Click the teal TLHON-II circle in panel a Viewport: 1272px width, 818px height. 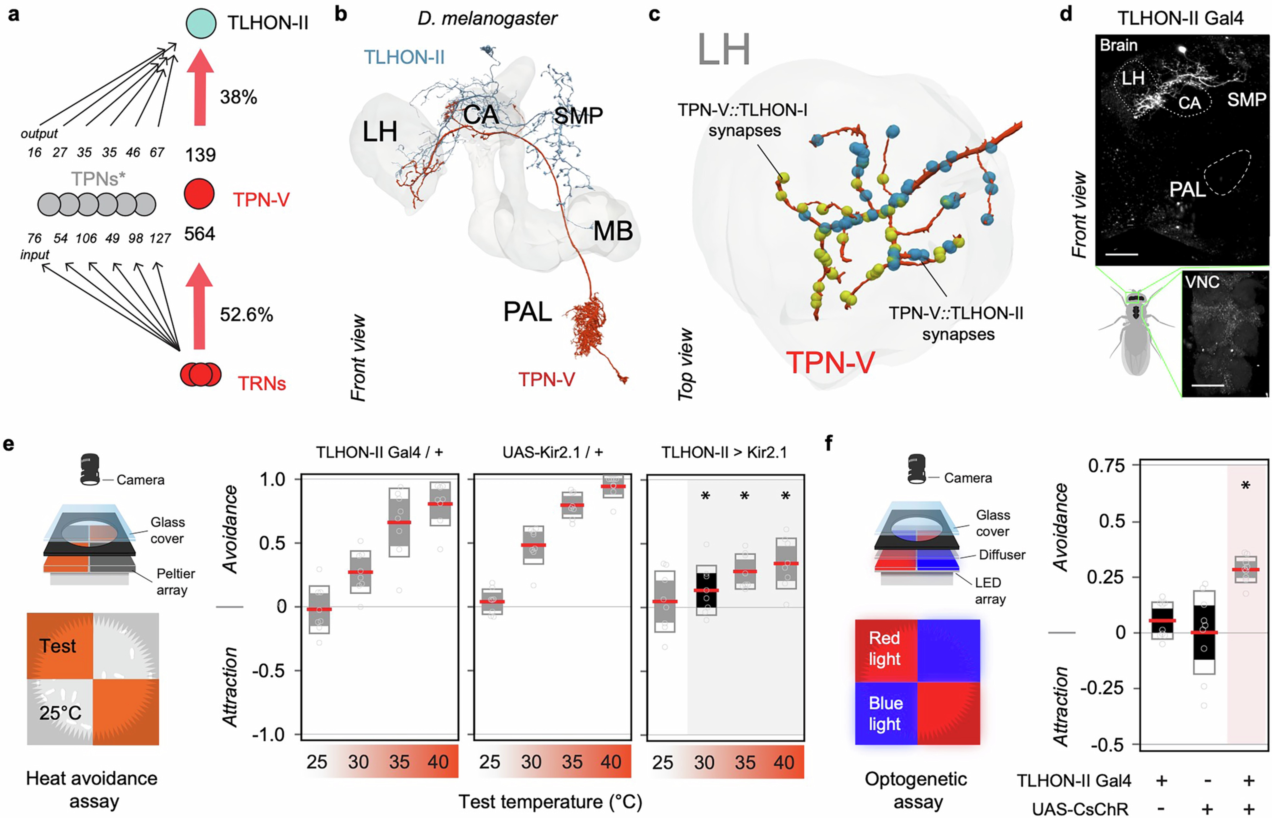point(201,23)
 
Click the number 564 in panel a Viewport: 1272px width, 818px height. point(200,234)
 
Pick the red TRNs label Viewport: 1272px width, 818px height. point(261,383)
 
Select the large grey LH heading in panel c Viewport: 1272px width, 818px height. point(724,49)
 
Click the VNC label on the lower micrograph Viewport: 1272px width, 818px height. point(1202,282)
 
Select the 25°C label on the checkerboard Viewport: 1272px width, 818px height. point(60,712)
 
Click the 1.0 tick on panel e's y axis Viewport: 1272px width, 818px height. point(273,480)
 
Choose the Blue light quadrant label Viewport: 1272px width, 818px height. point(885,713)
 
